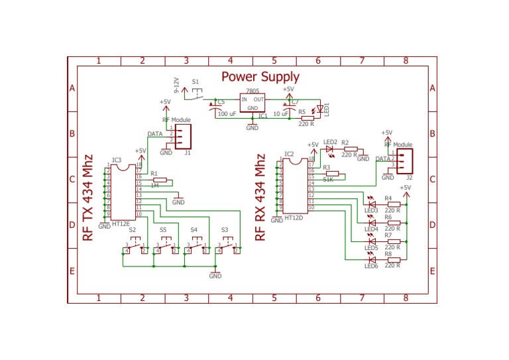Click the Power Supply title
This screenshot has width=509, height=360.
[260, 77]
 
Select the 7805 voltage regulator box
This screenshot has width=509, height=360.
[252, 103]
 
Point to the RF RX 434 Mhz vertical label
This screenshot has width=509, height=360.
[260, 198]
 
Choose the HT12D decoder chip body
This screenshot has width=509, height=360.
[295, 188]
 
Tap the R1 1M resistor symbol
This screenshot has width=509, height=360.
[158, 180]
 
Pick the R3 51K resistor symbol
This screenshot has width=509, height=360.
[331, 174]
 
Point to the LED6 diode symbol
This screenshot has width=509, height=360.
[372, 259]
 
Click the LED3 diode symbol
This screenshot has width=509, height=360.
[372, 204]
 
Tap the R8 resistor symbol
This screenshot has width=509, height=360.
[394, 259]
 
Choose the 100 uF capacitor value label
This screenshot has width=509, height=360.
[227, 114]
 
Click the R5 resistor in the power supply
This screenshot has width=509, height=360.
[307, 117]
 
